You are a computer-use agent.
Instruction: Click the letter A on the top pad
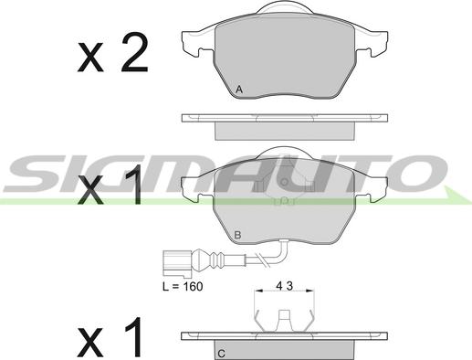239,90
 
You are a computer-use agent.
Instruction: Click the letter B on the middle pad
237,235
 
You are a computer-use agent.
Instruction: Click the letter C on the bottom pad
222,354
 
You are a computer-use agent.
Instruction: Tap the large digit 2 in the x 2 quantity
134,52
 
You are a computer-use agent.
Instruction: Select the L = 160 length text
183,286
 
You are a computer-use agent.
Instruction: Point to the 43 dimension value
284,286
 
